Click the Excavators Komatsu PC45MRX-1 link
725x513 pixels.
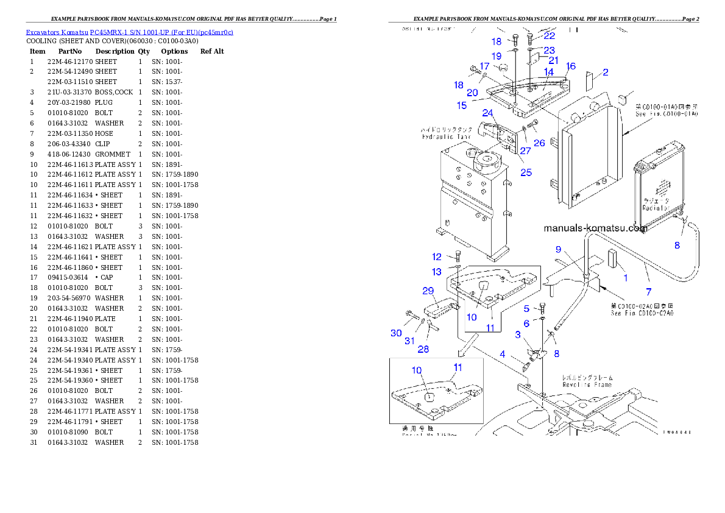129,32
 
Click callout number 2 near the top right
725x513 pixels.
606,73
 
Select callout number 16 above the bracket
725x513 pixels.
571,66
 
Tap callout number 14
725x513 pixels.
549,72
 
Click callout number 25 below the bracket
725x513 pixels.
526,172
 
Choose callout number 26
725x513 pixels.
539,143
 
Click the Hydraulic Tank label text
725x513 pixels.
447,137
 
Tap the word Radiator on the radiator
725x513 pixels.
657,208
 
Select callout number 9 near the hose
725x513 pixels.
558,249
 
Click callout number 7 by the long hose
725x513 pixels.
648,291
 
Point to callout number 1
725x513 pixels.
624,278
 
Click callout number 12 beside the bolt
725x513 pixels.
437,256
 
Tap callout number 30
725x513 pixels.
397,333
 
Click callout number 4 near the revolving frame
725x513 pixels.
503,354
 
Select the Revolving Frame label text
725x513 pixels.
587,384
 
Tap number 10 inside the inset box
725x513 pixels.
417,370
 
